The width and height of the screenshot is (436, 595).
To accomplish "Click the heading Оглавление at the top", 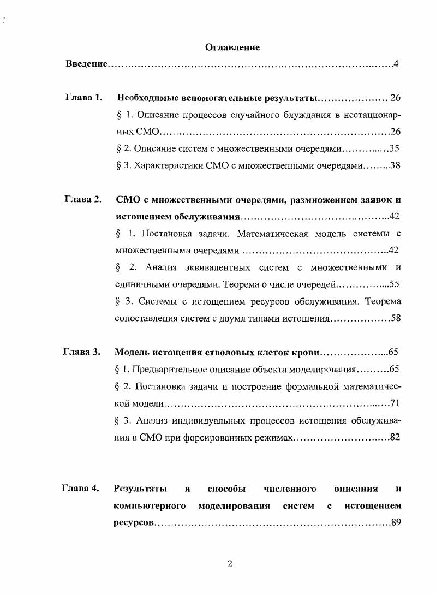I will tap(232, 47).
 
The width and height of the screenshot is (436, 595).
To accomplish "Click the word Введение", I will tap(86, 65).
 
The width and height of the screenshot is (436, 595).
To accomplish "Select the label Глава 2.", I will tap(82, 199).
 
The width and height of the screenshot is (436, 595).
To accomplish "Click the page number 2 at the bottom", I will tap(230, 564).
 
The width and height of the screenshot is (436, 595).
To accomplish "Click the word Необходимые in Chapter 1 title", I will tap(147, 98).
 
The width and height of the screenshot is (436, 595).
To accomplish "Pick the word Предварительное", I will tap(174, 369).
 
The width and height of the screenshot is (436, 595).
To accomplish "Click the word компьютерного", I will tap(150, 505).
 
